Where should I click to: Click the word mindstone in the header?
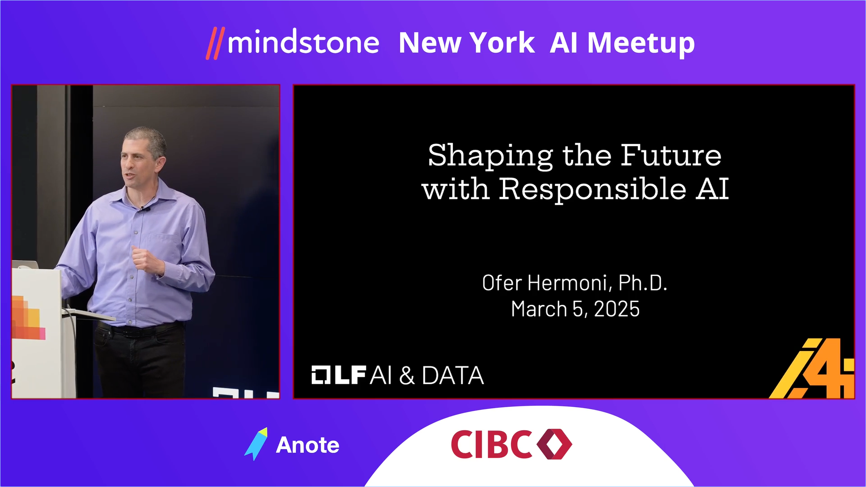[303, 43]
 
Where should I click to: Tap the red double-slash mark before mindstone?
[215, 43]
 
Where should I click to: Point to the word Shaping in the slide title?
[490, 156]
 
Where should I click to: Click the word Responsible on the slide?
[593, 189]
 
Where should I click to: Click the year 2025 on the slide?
[617, 309]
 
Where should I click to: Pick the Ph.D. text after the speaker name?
[643, 283]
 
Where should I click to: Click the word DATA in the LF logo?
[453, 376]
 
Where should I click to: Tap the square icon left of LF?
[321, 375]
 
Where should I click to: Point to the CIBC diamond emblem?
[554, 444]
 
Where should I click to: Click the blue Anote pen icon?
[256, 444]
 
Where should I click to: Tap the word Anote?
[308, 445]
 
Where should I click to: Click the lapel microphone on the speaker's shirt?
[143, 208]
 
